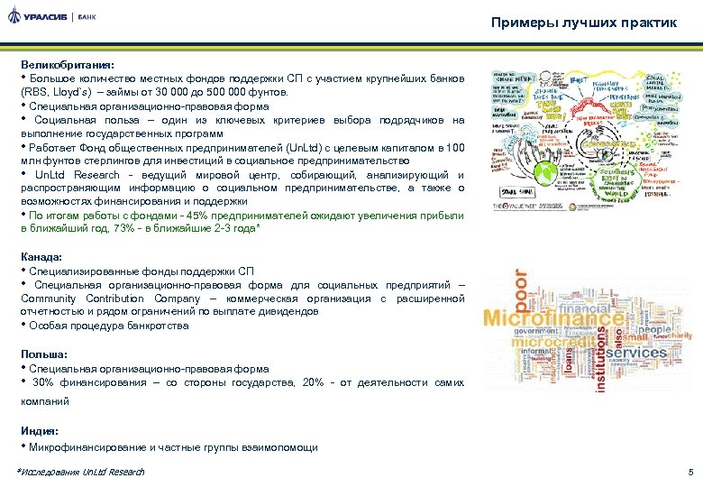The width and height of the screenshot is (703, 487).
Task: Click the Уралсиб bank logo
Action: pos(53,17)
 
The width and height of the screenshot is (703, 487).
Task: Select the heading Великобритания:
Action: pos(68,66)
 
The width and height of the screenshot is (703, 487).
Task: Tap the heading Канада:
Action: pos(43,257)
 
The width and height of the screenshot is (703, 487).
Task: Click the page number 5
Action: pos(689,472)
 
